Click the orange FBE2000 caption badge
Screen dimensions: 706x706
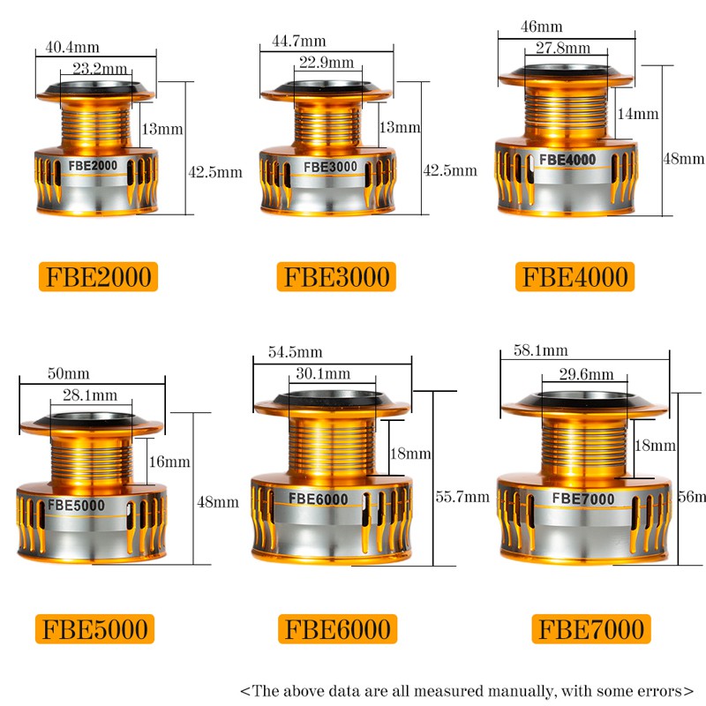tap(96, 277)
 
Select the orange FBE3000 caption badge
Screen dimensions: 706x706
tap(335, 277)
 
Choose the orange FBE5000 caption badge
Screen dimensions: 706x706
tap(96, 629)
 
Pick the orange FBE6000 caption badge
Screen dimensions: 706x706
tap(335, 629)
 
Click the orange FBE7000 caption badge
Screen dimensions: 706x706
tap(590, 629)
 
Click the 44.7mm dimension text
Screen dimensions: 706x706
tap(300, 41)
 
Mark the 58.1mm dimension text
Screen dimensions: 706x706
tap(540, 351)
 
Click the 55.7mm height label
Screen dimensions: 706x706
tap(462, 497)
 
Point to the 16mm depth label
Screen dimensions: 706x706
tap(170, 462)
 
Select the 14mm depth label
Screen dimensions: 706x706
tap(638, 114)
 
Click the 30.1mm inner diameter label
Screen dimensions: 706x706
tap(322, 374)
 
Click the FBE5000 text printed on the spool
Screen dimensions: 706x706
tap(76, 506)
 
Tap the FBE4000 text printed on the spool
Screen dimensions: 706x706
tap(567, 160)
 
